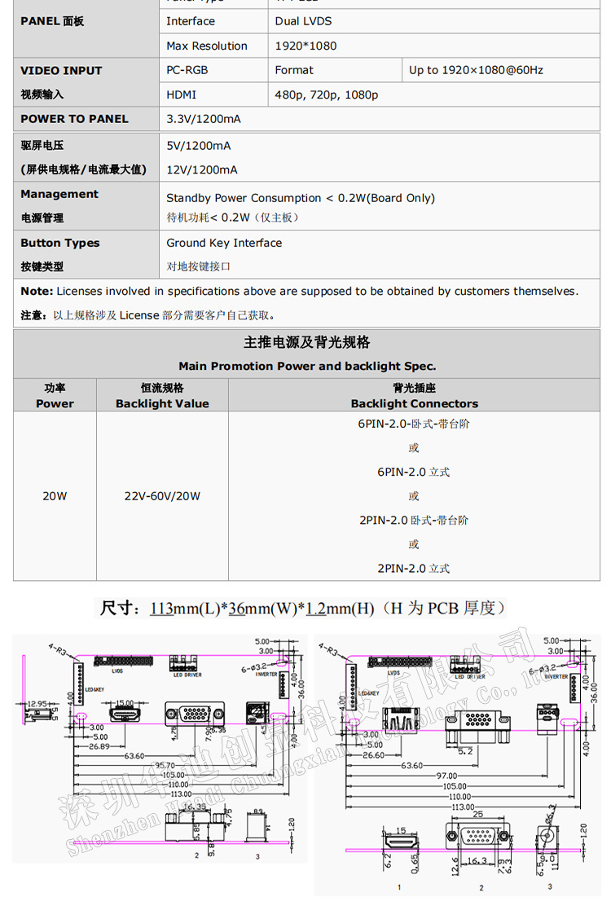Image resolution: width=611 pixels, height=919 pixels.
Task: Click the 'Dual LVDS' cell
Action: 303,21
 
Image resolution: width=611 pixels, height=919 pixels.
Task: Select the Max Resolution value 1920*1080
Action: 305,46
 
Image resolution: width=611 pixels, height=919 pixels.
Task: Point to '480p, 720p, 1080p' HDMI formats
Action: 326,95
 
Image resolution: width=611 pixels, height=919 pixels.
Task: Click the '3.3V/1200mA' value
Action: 203,119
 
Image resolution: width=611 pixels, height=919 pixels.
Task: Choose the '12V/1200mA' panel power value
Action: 201,169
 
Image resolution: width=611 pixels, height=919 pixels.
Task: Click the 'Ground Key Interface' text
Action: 224,243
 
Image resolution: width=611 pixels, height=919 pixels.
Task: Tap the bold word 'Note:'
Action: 37,291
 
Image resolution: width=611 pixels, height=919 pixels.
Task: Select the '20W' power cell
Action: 55,495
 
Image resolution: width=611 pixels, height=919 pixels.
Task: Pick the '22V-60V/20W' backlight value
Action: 162,495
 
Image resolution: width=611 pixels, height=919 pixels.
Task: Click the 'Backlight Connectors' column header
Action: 414,403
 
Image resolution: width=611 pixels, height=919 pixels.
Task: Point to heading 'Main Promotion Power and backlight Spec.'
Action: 307,366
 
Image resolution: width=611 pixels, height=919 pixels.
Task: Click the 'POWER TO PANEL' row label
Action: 74,119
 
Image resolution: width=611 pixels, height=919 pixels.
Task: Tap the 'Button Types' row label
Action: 59,243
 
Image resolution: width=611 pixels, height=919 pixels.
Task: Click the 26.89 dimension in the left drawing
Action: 99,746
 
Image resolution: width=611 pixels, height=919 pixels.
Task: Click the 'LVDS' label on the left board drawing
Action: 117,671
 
